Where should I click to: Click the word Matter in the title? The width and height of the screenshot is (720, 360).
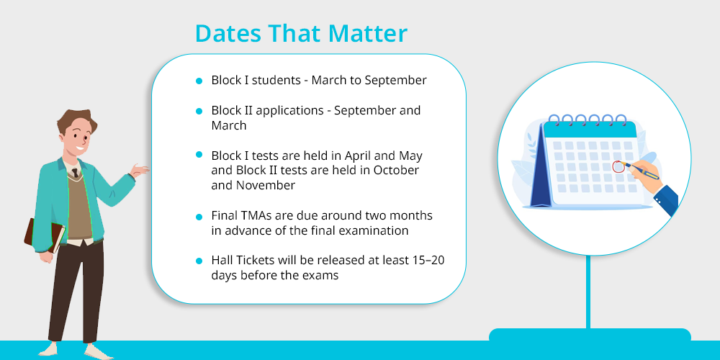367,34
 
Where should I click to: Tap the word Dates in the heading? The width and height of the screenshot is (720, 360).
228,34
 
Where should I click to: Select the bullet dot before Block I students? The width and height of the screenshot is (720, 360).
199,81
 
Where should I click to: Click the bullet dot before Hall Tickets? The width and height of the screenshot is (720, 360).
199,261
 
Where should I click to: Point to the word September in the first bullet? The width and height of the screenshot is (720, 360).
395,81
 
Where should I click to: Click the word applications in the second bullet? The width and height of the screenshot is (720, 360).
291,111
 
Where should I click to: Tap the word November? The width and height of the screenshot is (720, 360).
266,186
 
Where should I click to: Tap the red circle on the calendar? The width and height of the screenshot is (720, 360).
619,167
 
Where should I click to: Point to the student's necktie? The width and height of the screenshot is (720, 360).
75,173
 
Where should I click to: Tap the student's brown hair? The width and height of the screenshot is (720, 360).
76,121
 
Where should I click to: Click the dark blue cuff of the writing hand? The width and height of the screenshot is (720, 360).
665,197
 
